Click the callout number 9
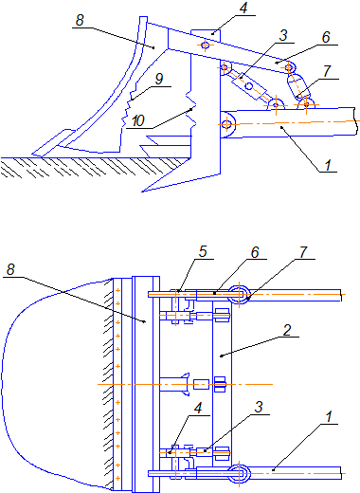(159, 79)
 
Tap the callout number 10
(138, 120)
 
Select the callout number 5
(203, 251)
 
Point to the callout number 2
(287, 330)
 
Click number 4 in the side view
(243, 9)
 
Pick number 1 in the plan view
(329, 417)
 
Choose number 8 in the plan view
(10, 270)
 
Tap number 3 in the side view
(283, 35)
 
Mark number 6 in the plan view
(255, 252)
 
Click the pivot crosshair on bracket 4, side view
(206, 46)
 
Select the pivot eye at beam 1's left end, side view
(226, 124)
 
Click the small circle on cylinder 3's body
(249, 86)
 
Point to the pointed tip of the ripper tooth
(142, 192)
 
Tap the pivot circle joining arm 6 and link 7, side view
(290, 67)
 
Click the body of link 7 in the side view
(298, 85)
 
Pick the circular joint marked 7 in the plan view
(240, 294)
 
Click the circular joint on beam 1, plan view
(240, 473)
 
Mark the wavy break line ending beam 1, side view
(355, 121)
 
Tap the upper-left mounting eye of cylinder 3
(225, 67)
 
